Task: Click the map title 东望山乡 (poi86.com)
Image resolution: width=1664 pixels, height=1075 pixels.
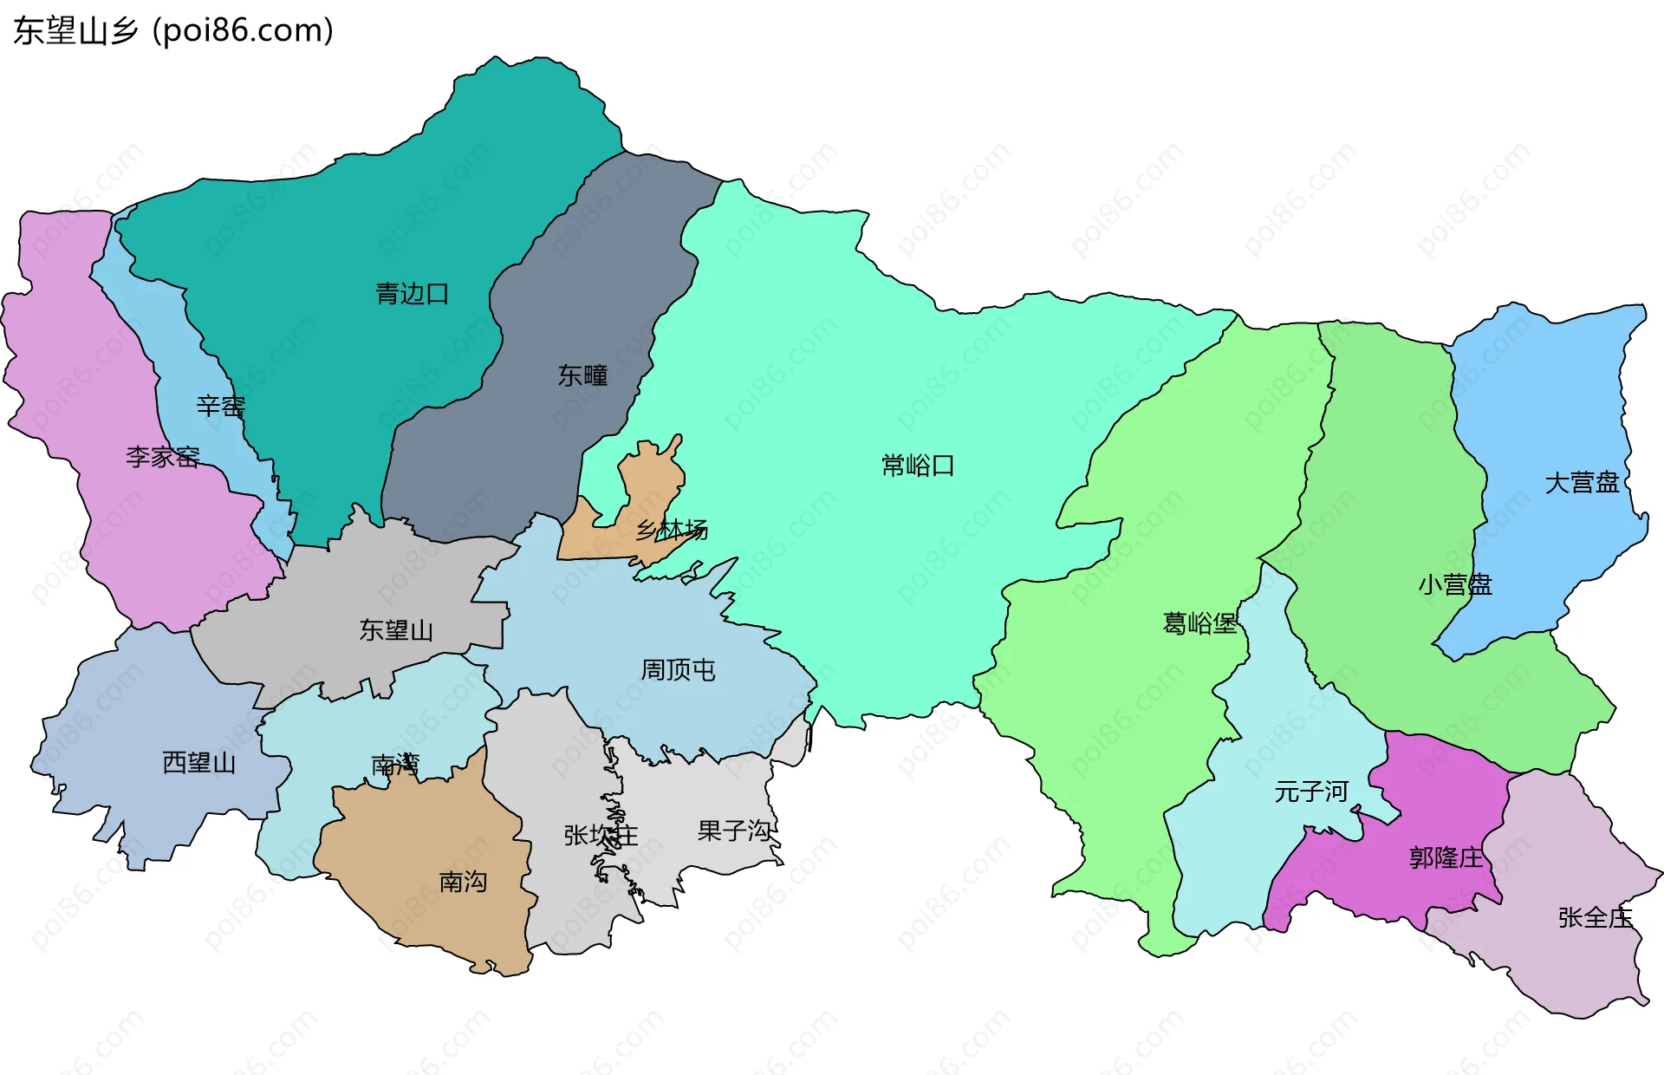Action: point(173,31)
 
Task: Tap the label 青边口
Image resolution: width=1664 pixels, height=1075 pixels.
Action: point(413,294)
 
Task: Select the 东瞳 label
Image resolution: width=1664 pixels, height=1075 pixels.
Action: point(582,375)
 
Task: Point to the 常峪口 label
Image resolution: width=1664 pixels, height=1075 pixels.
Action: point(918,466)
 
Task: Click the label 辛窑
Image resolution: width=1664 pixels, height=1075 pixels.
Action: point(221,406)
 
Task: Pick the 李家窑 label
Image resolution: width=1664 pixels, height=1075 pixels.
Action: point(163,456)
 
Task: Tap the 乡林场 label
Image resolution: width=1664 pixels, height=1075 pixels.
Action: point(672,529)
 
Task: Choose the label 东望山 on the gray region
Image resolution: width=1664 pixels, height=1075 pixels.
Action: point(396,630)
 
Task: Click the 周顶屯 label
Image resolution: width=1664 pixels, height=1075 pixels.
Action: point(678,669)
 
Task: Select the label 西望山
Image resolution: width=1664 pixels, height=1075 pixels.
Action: point(199,763)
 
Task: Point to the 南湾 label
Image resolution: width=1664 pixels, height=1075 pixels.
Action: point(395,765)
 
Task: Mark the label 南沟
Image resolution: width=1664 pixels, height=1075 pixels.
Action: point(463,882)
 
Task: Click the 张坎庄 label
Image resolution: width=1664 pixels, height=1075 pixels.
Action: point(601,835)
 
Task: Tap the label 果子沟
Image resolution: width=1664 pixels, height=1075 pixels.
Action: point(734,831)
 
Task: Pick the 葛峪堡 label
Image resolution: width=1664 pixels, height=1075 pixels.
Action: point(1199,623)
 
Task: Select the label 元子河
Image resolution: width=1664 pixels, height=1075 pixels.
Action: point(1311,791)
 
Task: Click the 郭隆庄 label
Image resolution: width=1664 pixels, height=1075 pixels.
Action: point(1446,858)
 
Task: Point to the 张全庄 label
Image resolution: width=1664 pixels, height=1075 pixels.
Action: point(1595,917)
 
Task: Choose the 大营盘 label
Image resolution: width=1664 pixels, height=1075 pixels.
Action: point(1582,483)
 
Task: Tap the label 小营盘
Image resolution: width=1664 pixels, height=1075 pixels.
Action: point(1455,584)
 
